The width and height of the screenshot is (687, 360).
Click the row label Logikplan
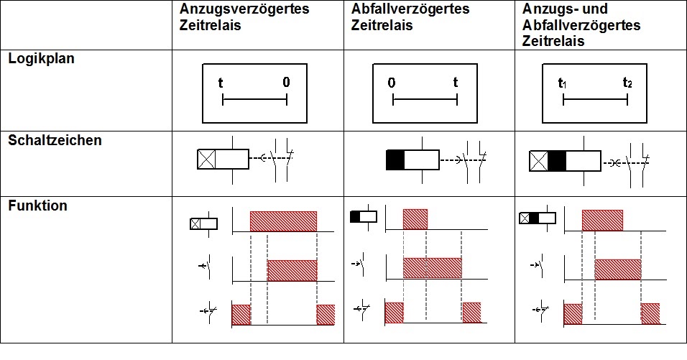[x=42, y=59]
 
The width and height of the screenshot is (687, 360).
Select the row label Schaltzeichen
[x=55, y=140]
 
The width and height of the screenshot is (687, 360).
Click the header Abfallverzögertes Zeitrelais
[x=410, y=17]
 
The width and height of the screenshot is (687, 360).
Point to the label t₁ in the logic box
[x=563, y=83]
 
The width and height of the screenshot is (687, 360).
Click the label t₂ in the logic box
[x=627, y=83]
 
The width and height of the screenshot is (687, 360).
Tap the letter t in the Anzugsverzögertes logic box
[x=221, y=83]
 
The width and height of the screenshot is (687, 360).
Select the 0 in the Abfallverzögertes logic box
[x=392, y=83]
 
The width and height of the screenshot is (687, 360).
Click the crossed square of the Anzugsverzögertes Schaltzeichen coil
[x=207, y=160]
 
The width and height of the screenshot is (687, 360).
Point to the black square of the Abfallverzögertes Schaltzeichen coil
[x=396, y=160]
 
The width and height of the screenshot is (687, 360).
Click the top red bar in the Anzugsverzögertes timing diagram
[x=283, y=221]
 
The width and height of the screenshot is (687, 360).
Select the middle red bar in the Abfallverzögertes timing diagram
[x=432, y=267]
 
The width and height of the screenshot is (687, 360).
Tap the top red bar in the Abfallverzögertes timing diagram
[x=415, y=219]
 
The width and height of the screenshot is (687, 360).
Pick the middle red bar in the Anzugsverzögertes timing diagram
[x=292, y=270]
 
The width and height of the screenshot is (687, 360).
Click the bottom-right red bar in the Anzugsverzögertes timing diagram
[x=326, y=315]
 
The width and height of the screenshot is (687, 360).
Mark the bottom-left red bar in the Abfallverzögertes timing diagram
[x=394, y=313]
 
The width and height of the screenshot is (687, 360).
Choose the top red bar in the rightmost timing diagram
[x=602, y=220]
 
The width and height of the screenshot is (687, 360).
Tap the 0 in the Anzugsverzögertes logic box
[x=286, y=83]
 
